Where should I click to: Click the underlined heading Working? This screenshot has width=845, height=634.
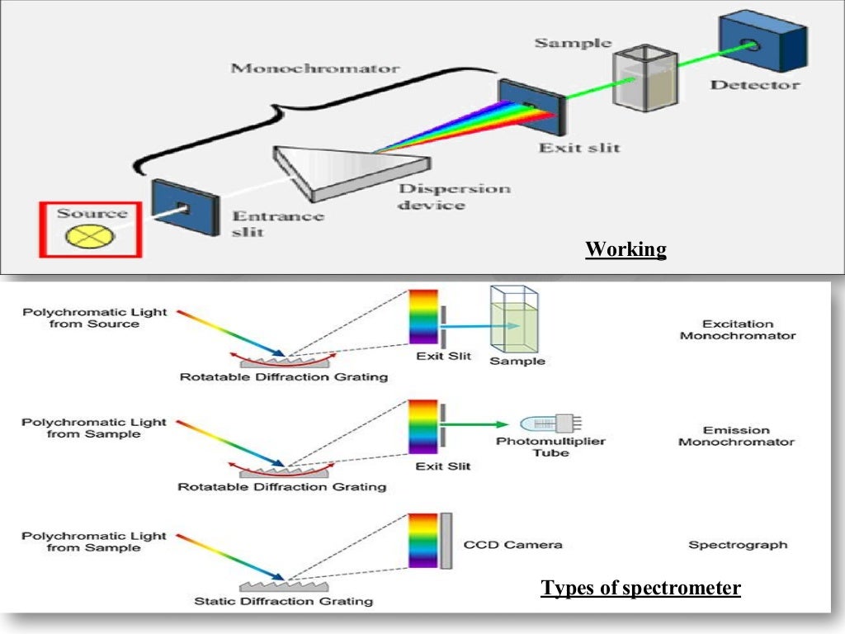coord(625,249)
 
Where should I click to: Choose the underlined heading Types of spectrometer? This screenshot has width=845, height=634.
coord(640,589)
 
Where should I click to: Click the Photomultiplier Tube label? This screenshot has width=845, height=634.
coord(550,447)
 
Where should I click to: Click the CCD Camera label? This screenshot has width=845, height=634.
coord(512,545)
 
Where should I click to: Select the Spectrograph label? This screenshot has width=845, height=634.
coord(738,545)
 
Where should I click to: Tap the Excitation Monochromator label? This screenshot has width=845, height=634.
coord(737,330)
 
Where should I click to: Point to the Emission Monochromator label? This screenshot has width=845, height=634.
coord(736,436)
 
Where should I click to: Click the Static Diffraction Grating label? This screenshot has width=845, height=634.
coord(283,601)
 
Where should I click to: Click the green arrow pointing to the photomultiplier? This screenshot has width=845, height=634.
coord(478,424)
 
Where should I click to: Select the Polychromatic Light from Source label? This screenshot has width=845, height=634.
coord(94,319)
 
